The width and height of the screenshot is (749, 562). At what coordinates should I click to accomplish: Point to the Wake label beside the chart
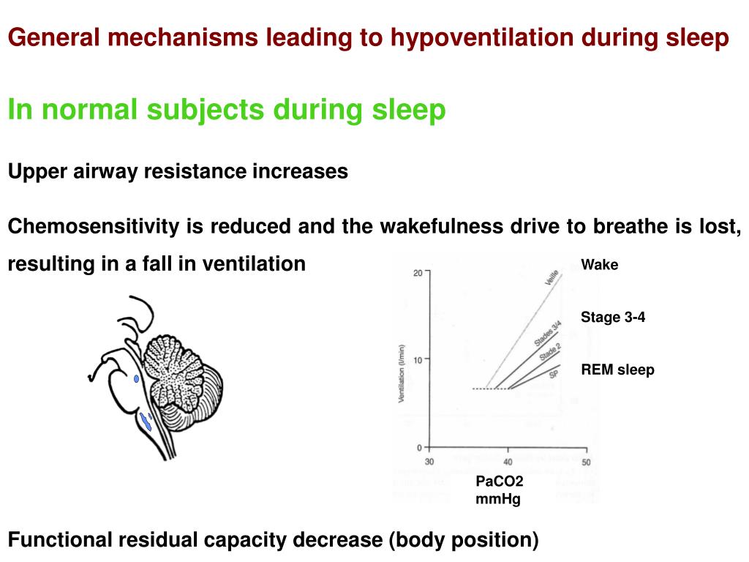coord(599,265)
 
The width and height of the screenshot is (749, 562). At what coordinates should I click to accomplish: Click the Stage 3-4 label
coord(613,317)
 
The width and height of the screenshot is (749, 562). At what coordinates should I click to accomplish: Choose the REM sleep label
coord(617,370)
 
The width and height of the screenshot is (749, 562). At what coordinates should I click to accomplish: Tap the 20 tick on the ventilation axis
coord(417,273)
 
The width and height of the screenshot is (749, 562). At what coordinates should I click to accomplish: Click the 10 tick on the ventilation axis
coord(417,359)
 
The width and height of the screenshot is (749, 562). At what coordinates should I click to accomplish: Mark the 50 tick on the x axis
coord(586,462)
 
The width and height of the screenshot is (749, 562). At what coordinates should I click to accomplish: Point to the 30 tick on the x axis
coord(429,462)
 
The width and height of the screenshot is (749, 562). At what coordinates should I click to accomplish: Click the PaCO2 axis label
coord(500,482)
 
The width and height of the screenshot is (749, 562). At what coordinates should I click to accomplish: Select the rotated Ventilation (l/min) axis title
coord(402,374)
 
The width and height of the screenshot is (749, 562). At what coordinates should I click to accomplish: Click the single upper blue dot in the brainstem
coord(136,379)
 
